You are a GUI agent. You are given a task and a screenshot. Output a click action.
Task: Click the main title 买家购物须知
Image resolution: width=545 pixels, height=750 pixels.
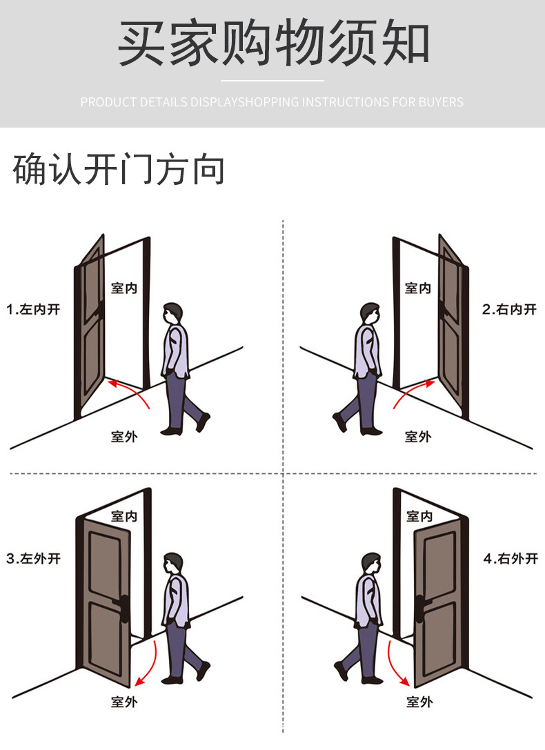click(x=273, y=43)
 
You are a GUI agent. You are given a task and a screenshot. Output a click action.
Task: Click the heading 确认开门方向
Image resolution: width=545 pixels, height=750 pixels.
click(x=119, y=170)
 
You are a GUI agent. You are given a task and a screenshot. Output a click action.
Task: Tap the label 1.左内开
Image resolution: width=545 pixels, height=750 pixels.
click(x=34, y=309)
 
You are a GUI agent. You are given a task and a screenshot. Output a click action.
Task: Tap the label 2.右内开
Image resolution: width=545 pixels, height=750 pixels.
click(x=508, y=309)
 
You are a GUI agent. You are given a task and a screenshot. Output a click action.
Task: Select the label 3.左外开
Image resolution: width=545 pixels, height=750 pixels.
click(x=34, y=558)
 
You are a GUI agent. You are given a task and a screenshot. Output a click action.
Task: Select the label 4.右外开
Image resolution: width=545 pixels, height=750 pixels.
click(x=510, y=558)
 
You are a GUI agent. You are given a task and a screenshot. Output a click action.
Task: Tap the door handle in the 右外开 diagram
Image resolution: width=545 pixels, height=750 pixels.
click(x=418, y=601)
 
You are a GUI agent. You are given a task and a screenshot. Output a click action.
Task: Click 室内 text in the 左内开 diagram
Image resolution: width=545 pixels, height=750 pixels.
click(x=123, y=288)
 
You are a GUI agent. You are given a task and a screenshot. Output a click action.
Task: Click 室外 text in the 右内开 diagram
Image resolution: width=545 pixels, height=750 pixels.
click(x=418, y=436)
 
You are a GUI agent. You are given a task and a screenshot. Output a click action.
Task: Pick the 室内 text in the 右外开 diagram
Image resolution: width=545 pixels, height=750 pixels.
click(x=419, y=515)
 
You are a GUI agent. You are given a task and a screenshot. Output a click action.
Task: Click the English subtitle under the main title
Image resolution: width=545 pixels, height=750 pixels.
click(x=272, y=102)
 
